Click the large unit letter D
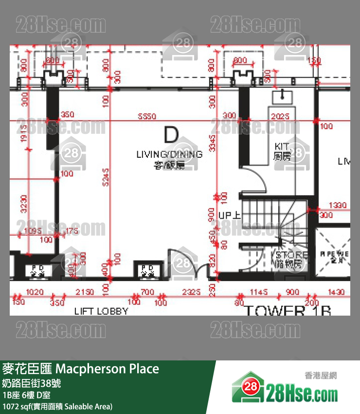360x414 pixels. [x=171, y=135]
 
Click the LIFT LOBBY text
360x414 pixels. [x=101, y=311]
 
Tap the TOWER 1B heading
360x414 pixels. [x=287, y=311]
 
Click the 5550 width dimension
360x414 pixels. [x=146, y=116]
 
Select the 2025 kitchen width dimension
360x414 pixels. [x=281, y=116]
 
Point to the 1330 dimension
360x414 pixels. [x=338, y=206]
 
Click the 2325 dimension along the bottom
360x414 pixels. [x=191, y=292]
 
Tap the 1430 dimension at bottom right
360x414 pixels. [x=336, y=292]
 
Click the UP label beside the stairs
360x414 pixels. [x=227, y=215]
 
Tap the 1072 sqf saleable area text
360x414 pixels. [x=57, y=406]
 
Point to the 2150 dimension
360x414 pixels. [x=86, y=292]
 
